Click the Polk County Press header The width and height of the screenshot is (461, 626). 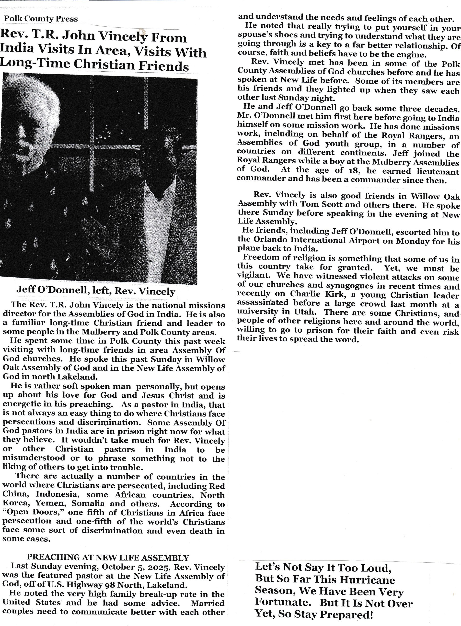pyautogui.click(x=41, y=19)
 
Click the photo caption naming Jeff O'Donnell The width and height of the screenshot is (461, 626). pyautogui.click(x=95, y=291)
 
